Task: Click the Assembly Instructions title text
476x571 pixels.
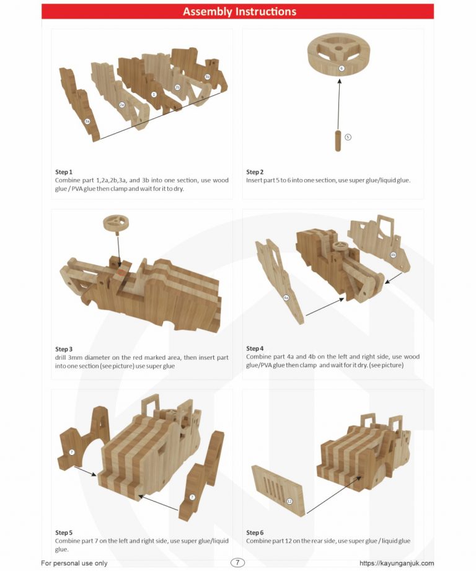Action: [239, 12]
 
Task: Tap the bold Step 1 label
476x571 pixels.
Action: [64, 172]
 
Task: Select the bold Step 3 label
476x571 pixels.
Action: [64, 349]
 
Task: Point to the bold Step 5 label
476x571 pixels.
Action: [64, 533]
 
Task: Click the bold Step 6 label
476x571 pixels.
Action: [255, 533]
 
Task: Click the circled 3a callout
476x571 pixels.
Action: [87, 121]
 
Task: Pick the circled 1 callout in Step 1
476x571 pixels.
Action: [154, 94]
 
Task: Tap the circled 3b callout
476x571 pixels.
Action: [207, 77]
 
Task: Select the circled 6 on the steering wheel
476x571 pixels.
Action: [341, 69]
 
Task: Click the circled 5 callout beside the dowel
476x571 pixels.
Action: [348, 136]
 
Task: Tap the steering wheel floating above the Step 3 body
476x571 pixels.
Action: [116, 222]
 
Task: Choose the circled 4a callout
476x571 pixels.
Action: [286, 298]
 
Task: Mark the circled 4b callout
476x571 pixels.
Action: [393, 255]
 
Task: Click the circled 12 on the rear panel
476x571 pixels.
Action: [289, 501]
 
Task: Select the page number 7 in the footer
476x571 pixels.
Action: [238, 562]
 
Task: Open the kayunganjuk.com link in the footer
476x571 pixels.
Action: [397, 563]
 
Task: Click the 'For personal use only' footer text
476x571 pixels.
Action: [74, 563]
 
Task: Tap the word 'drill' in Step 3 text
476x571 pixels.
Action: [62, 358]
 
